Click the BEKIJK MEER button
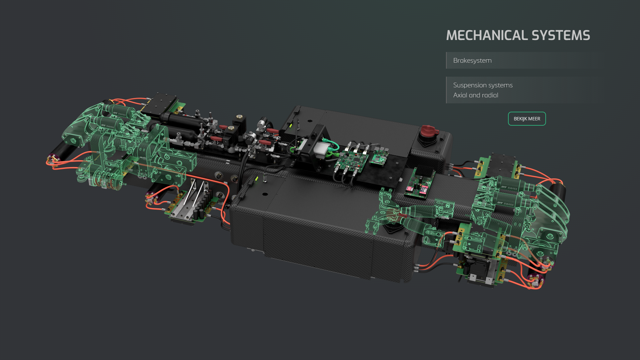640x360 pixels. click(527, 119)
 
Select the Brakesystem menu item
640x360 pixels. click(472, 60)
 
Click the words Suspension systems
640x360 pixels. click(483, 85)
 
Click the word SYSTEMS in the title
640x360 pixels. click(561, 35)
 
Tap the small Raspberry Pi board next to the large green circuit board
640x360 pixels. click(379, 157)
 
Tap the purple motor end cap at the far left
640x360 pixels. click(53, 158)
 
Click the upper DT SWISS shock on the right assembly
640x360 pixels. click(510, 187)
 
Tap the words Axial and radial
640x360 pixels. click(475, 95)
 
